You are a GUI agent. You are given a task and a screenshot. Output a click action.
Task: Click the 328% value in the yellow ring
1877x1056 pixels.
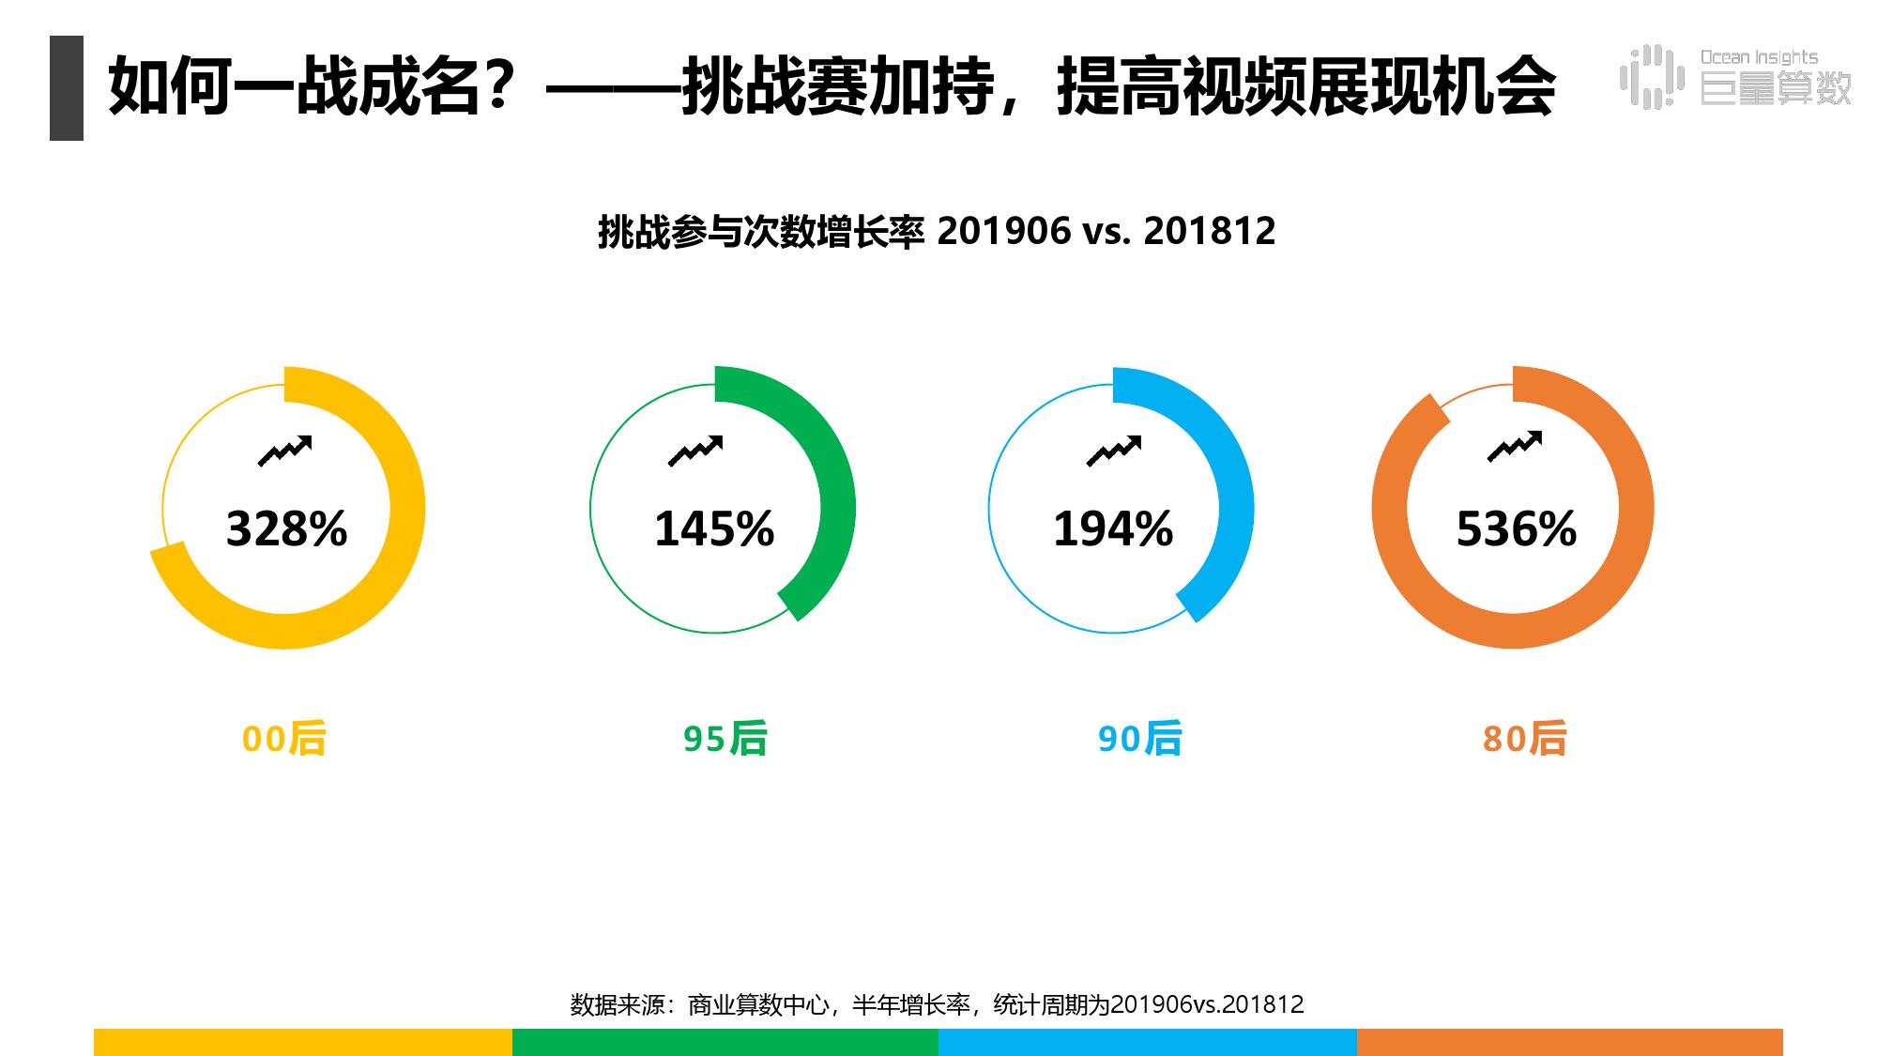[286, 528]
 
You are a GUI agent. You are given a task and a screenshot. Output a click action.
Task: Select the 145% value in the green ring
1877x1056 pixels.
[714, 528]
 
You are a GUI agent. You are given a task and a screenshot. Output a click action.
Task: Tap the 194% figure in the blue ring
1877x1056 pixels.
[1113, 528]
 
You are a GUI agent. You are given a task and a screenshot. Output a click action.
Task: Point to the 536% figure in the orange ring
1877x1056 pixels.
[1516, 528]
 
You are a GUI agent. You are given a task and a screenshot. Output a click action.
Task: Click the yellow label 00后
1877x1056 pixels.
[284, 739]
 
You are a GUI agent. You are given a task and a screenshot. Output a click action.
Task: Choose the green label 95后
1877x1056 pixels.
[725, 739]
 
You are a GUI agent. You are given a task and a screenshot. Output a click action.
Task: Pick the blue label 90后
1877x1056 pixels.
[1139, 739]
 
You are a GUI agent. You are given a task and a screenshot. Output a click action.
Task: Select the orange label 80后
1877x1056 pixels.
[1524, 739]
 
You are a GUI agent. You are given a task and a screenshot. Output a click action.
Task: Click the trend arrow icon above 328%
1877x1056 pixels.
[284, 451]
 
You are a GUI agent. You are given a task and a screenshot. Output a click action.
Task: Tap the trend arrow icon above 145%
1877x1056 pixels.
[694, 451]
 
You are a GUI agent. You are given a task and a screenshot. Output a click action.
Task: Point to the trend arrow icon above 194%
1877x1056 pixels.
[1113, 451]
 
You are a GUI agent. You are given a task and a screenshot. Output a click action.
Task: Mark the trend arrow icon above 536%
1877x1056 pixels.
[1514, 447]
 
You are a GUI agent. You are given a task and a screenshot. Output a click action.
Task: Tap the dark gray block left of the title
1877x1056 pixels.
[67, 88]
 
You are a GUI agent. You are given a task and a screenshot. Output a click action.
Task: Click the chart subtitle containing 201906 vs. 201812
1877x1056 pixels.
[937, 231]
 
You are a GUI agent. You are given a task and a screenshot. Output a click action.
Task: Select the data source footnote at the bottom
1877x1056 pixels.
[937, 1004]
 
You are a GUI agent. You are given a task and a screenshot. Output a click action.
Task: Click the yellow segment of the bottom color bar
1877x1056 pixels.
[302, 1042]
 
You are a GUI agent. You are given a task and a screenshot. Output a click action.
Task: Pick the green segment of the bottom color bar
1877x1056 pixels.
[725, 1042]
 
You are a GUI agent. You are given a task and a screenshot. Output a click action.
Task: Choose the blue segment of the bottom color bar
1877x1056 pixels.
[1147, 1042]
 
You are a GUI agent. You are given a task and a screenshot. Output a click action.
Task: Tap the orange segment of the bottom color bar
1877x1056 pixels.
[1569, 1042]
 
